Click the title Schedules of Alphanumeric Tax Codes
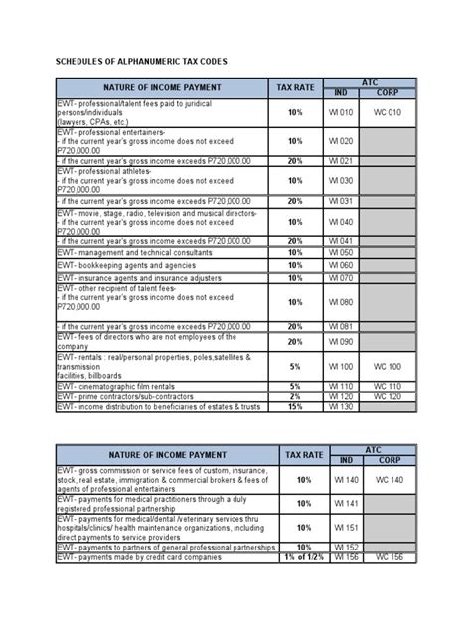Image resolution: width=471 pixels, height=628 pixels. click(140, 61)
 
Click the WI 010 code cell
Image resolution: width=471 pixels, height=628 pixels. click(340, 112)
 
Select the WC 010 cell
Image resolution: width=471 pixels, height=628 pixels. click(388, 112)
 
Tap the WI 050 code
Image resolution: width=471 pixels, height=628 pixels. click(340, 253)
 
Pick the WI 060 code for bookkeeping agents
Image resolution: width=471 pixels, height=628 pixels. click(340, 265)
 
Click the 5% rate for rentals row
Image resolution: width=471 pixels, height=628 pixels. click(295, 367)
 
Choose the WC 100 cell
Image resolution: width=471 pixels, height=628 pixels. click(388, 367)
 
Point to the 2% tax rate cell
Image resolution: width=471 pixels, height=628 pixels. click(295, 395)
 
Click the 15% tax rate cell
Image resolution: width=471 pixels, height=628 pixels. click(295, 406)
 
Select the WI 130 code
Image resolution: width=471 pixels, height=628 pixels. click(340, 406)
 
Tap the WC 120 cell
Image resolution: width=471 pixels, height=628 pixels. click(388, 395)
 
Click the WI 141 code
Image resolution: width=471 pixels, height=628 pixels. click(345, 504)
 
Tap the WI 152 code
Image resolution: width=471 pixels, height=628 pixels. click(345, 547)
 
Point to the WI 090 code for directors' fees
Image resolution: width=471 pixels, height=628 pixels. click(340, 342)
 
